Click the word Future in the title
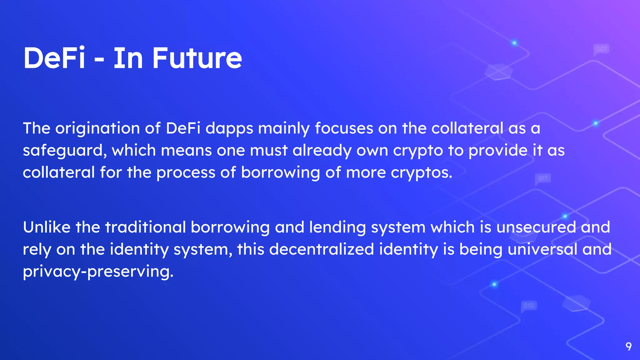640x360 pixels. click(x=197, y=58)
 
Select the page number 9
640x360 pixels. click(x=628, y=346)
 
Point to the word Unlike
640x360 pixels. click(x=47, y=227)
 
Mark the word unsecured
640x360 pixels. click(x=536, y=227)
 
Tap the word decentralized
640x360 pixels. click(x=321, y=249)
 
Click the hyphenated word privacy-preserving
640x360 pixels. click(x=98, y=272)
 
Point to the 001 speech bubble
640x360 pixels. click(x=601, y=49)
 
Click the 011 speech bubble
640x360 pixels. click(x=543, y=178)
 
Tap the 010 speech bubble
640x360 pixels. click(x=529, y=306)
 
